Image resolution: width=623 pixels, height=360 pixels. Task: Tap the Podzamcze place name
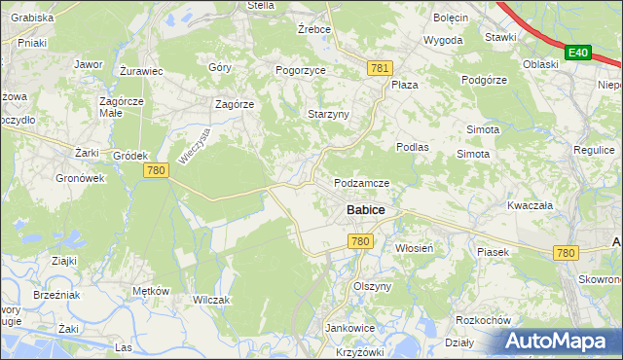pos(362,183)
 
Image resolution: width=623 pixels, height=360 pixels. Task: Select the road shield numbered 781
pos(381,67)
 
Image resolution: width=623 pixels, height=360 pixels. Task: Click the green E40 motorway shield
pos(578,52)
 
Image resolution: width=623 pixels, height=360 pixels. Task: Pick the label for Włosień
pos(420,248)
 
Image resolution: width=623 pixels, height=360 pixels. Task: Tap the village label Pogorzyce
pos(302,71)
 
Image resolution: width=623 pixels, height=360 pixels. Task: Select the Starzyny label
pos(328,114)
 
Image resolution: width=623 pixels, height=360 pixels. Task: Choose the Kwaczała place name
pos(530,206)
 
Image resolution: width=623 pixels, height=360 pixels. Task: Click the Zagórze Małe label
pos(122,107)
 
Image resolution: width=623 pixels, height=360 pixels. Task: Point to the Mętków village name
pos(151,291)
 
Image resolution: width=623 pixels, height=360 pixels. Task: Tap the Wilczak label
pos(211,300)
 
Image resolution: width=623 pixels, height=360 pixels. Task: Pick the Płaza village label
pos(405,85)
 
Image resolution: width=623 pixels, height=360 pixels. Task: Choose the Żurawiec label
pos(140,71)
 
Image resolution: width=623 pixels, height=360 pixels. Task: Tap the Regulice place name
pos(594,151)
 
